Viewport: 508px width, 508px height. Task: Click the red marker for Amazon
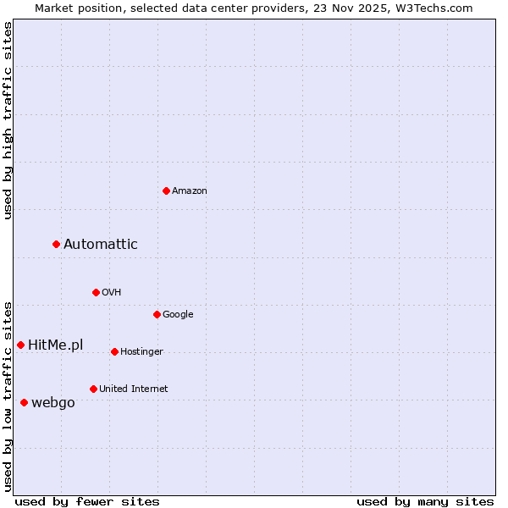pyautogui.click(x=166, y=190)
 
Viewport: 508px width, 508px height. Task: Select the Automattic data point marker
pyautogui.click(x=57, y=244)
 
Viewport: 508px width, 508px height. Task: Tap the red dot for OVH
pyautogui.click(x=96, y=292)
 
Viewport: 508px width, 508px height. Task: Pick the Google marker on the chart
pyautogui.click(x=157, y=314)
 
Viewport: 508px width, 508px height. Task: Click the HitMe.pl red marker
pyautogui.click(x=20, y=345)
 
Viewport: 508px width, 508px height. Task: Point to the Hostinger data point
pyautogui.click(x=114, y=351)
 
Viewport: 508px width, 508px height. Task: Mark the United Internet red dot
pyautogui.click(x=93, y=389)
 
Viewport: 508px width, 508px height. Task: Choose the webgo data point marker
pyautogui.click(x=24, y=402)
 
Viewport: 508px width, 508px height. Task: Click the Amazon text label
pyautogui.click(x=190, y=191)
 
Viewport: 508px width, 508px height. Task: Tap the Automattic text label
pyautogui.click(x=101, y=245)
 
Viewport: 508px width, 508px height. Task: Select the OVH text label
pyautogui.click(x=112, y=293)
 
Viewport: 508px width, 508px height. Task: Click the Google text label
pyautogui.click(x=178, y=315)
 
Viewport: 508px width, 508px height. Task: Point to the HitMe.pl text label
pyautogui.click(x=56, y=345)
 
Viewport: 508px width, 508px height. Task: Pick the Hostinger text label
pyautogui.click(x=141, y=352)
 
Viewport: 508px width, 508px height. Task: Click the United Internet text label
pyautogui.click(x=134, y=389)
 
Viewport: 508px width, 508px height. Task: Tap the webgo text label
pyautogui.click(x=53, y=403)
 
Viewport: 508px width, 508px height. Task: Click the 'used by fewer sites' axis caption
pyautogui.click(x=87, y=501)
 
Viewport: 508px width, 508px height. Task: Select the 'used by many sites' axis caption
pyautogui.click(x=425, y=501)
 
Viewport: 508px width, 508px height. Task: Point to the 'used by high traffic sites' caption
pyautogui.click(x=8, y=120)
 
